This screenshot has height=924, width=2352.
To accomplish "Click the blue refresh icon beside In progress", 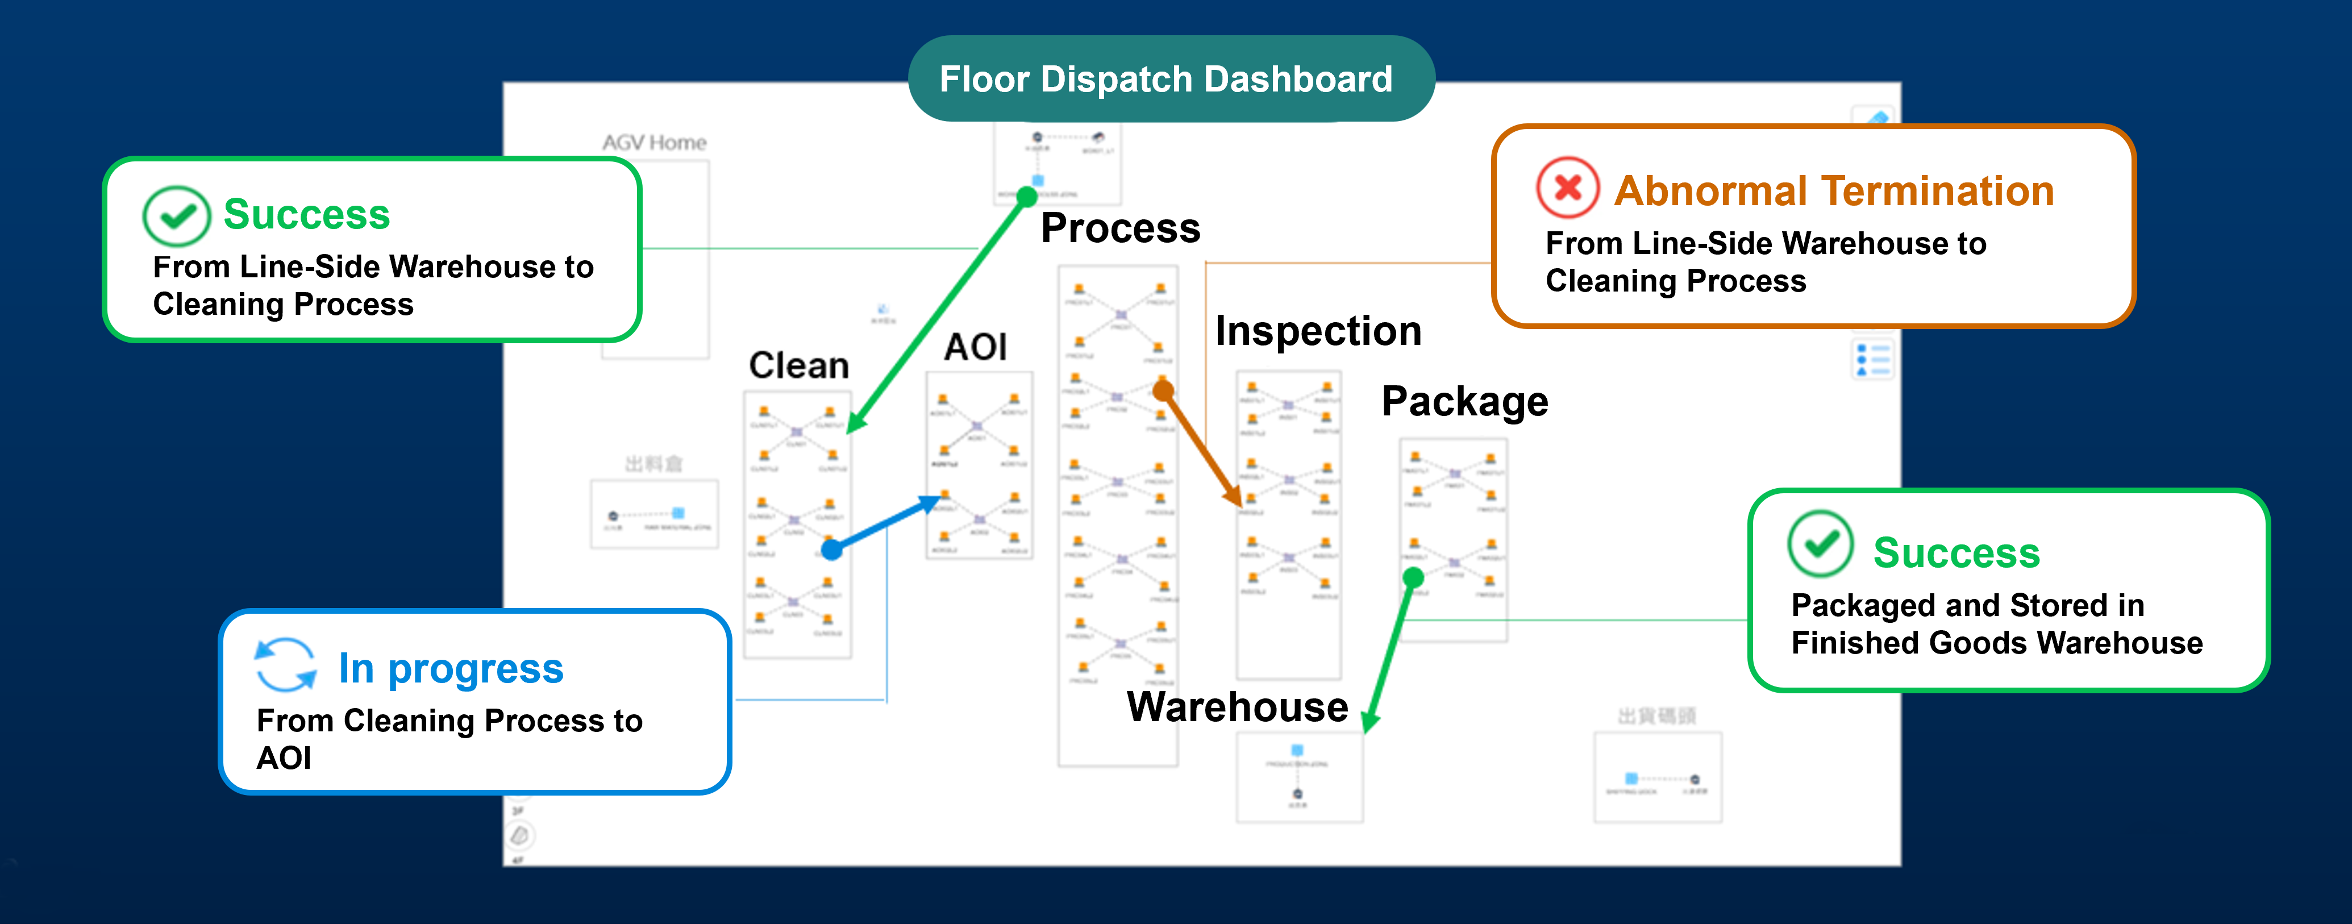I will pos(285,665).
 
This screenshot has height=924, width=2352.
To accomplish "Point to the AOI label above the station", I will pos(975,347).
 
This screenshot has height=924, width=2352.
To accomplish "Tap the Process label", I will pos(1120,228).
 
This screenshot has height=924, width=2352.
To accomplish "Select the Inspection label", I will pos(1318,331).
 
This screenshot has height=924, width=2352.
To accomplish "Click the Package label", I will pos(1464,402).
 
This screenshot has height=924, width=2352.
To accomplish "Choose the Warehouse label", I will pos(1237,707).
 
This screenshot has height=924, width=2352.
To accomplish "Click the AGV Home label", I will pos(653,143).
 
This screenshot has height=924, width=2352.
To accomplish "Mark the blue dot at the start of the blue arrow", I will pos(831,550).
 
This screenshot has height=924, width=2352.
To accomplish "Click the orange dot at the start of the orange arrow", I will pos(1162,392).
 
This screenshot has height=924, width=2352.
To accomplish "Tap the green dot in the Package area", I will pos(1413,577).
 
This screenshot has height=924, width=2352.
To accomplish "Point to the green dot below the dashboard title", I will pos(1026,196).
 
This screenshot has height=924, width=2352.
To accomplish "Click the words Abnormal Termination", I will pos(1833,192).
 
